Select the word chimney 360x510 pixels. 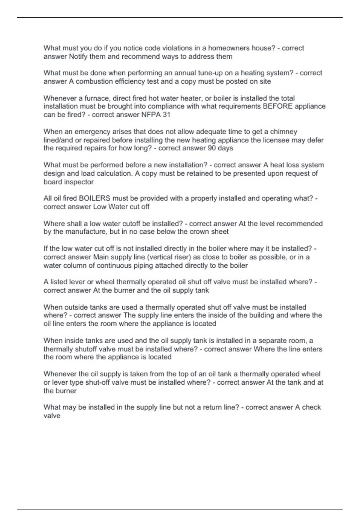[283, 132]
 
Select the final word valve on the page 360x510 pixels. [52, 416]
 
